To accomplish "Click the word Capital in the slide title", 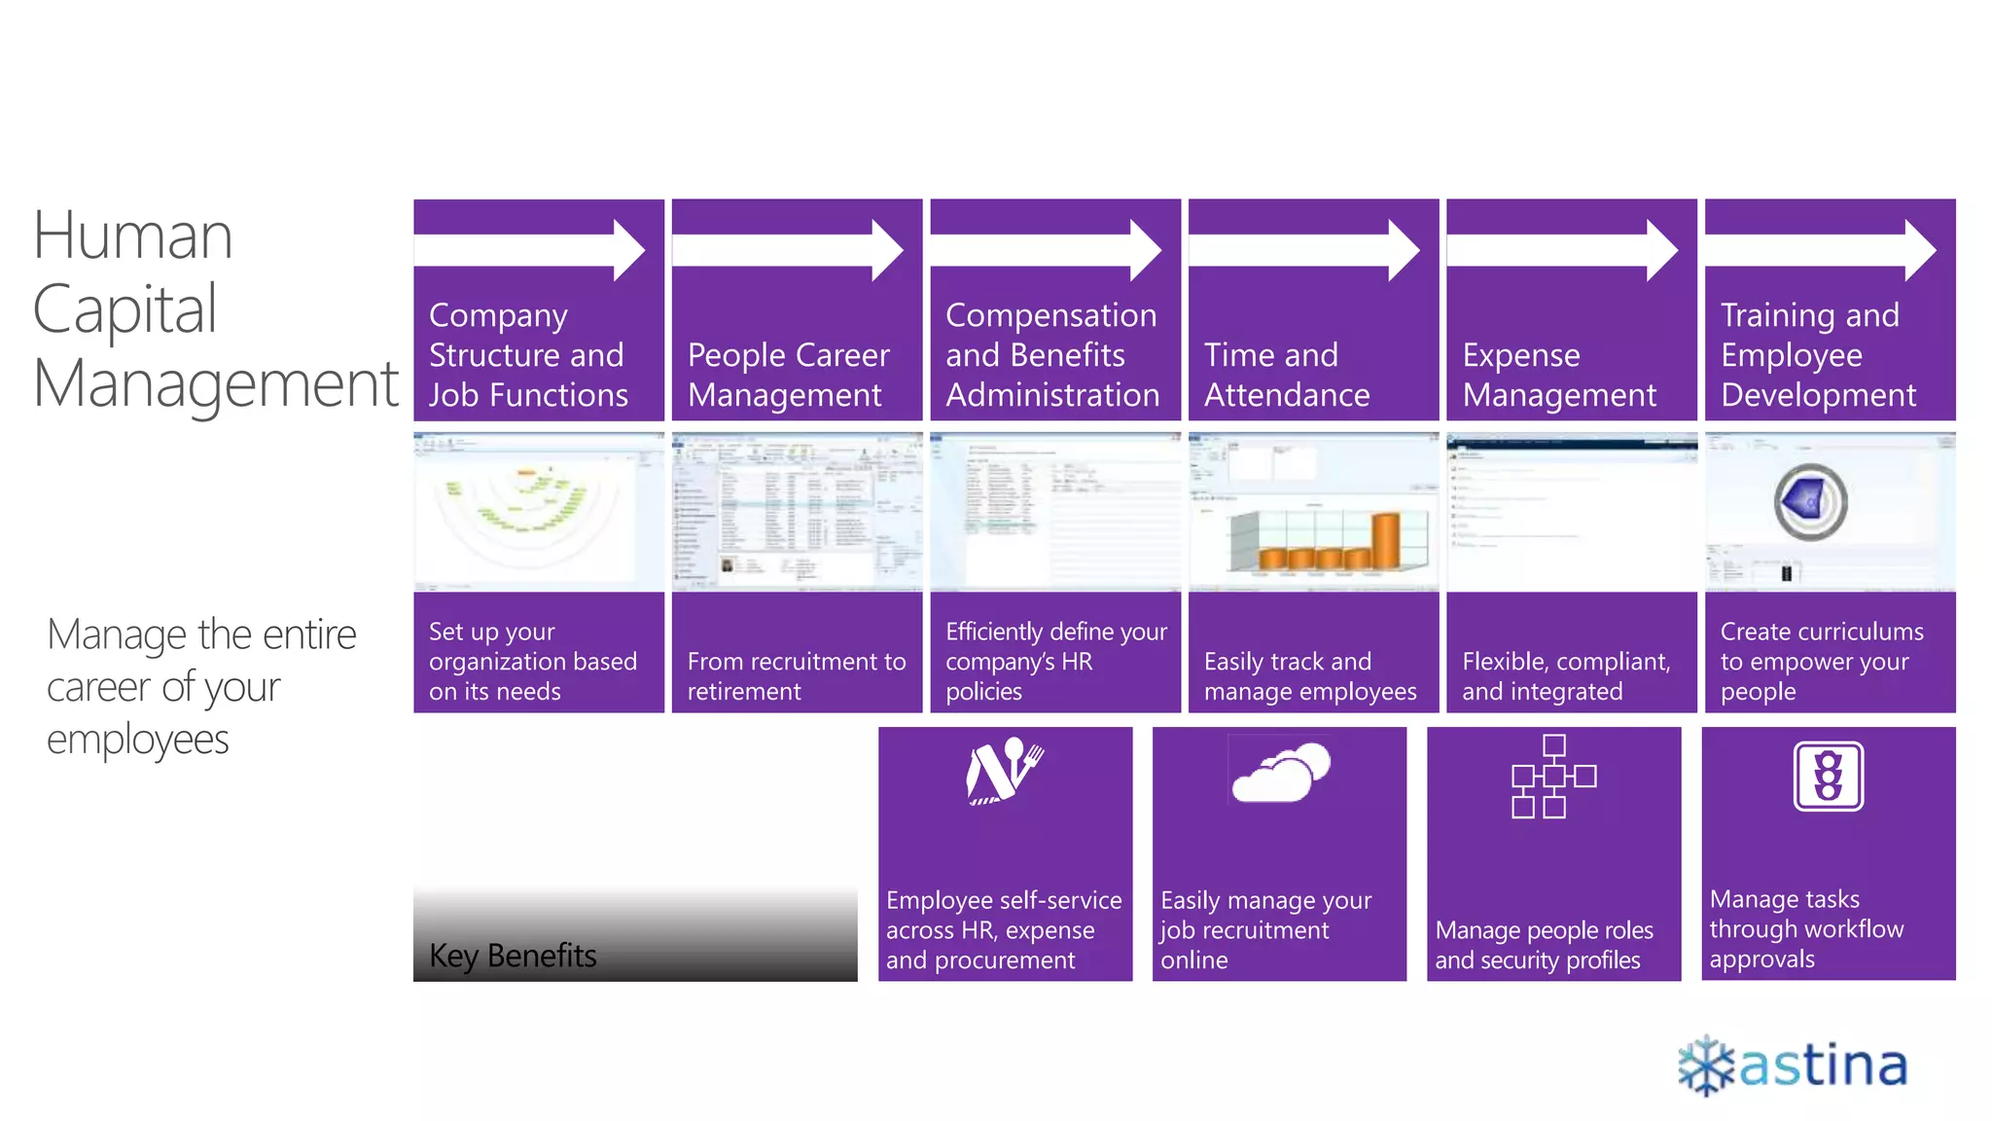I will (x=124, y=310).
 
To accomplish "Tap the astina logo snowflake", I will (x=1706, y=1066).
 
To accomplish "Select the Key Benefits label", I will (x=513, y=956).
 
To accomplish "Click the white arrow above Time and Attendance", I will (x=1304, y=251).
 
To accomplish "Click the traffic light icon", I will (x=1829, y=777).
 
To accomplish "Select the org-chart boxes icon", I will (x=1553, y=777).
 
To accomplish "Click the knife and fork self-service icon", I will (x=1005, y=771).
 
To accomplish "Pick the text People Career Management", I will (x=788, y=375).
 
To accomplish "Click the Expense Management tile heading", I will (x=1558, y=375).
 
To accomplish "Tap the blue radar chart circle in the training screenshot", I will (x=1809, y=502).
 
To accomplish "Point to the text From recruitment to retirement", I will (x=796, y=676).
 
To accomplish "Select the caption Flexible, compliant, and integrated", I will (x=1566, y=676).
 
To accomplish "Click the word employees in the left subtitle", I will (x=138, y=740).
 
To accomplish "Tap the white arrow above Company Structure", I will (x=530, y=251).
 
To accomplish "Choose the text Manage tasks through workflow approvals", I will (x=1805, y=928).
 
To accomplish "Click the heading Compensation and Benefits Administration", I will (x=1052, y=355).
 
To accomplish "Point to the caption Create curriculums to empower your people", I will (x=1821, y=662).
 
